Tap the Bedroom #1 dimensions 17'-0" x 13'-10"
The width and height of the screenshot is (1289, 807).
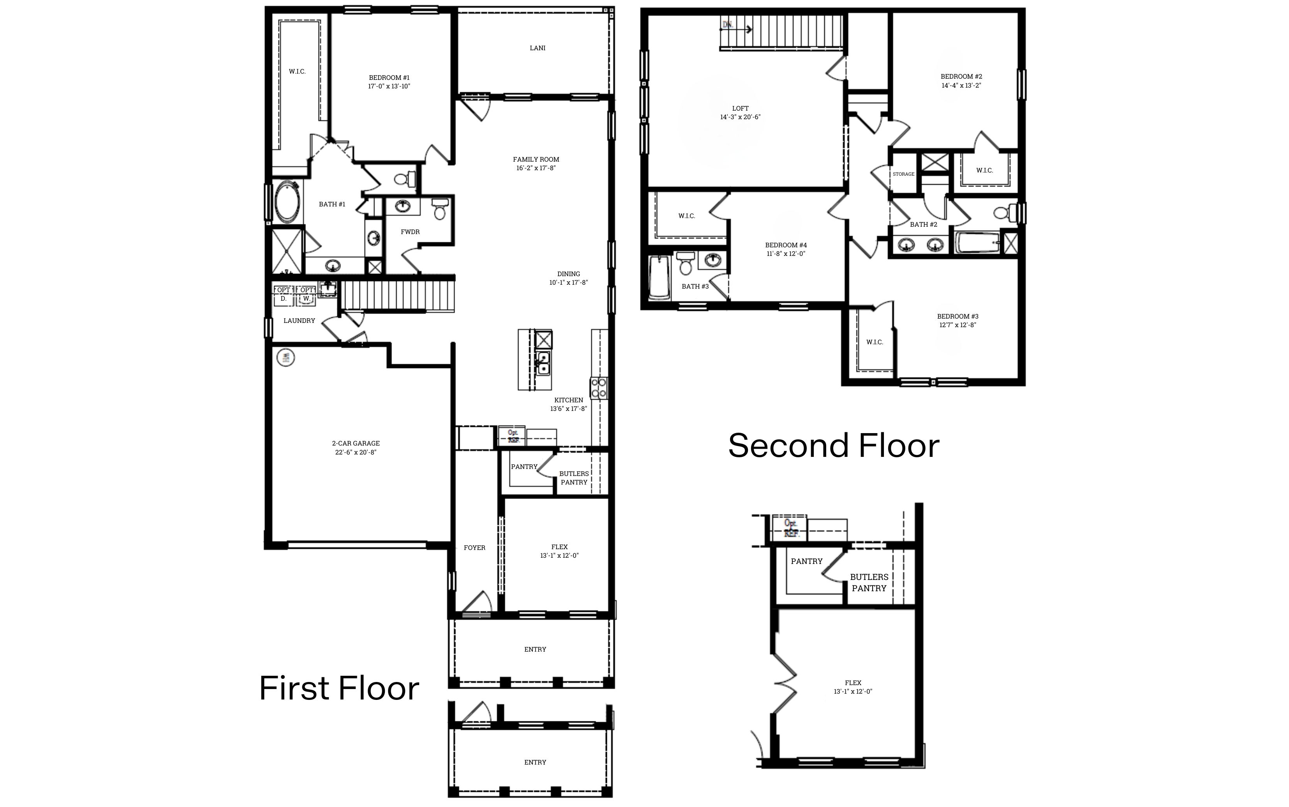(x=389, y=86)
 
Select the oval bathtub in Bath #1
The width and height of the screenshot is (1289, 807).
(x=288, y=203)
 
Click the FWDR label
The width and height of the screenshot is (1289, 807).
(x=410, y=232)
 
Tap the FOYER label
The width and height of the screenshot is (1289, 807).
(x=474, y=548)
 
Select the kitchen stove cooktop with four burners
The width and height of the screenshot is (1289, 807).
(x=598, y=388)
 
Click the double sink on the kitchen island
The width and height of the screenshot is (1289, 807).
(x=543, y=363)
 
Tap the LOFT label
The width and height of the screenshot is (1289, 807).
(x=740, y=108)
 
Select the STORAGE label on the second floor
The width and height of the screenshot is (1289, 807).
(x=903, y=174)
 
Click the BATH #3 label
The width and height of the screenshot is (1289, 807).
(x=695, y=287)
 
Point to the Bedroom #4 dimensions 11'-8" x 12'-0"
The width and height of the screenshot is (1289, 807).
(x=786, y=254)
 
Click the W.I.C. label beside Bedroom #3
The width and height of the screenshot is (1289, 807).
(x=874, y=342)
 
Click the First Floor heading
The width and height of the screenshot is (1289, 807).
(x=339, y=689)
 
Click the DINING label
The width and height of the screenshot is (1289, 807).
(x=568, y=274)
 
